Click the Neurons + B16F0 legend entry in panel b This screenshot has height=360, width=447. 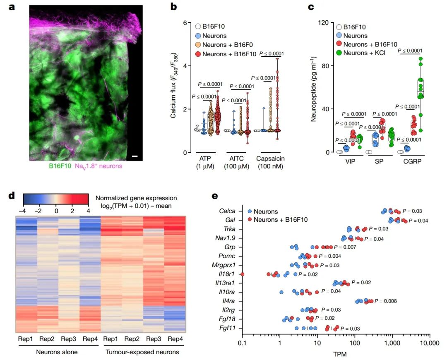click(x=225, y=45)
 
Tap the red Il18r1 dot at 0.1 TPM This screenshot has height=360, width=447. click(x=243, y=274)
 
